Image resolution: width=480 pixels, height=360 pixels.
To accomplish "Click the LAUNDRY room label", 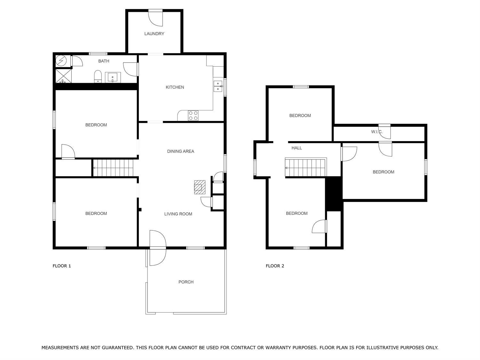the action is [x=154, y=34].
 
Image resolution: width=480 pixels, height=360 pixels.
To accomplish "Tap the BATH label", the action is [x=104, y=61].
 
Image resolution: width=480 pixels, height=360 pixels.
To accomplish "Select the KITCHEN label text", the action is [x=175, y=87].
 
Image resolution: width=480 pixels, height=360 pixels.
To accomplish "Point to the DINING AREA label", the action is [x=180, y=151].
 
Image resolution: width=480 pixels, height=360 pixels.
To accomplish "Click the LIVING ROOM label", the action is [x=178, y=214].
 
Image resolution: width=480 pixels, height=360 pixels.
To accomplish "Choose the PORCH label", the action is [x=186, y=282].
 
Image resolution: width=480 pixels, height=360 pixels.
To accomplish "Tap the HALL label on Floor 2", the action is [x=297, y=148].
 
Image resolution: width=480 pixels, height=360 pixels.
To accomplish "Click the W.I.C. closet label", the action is [x=377, y=132].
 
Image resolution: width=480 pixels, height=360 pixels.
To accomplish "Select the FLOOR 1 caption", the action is [x=62, y=266].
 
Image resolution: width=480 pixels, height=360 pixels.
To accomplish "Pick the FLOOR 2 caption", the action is [x=275, y=266].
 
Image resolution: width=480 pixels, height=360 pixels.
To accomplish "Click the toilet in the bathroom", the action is [x=98, y=76].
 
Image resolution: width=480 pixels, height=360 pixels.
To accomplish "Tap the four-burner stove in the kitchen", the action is [x=193, y=116].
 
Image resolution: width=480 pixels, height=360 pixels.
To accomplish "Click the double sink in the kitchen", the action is [x=218, y=86].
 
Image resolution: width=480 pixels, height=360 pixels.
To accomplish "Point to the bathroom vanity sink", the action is [x=113, y=77].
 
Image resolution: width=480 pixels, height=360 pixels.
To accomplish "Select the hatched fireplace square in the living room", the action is [x=200, y=187].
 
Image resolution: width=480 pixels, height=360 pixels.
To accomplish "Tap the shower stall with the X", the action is [x=64, y=76].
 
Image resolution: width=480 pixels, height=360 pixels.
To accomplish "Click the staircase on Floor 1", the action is [x=113, y=168].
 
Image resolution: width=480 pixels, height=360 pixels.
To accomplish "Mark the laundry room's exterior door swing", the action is [x=156, y=18].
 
